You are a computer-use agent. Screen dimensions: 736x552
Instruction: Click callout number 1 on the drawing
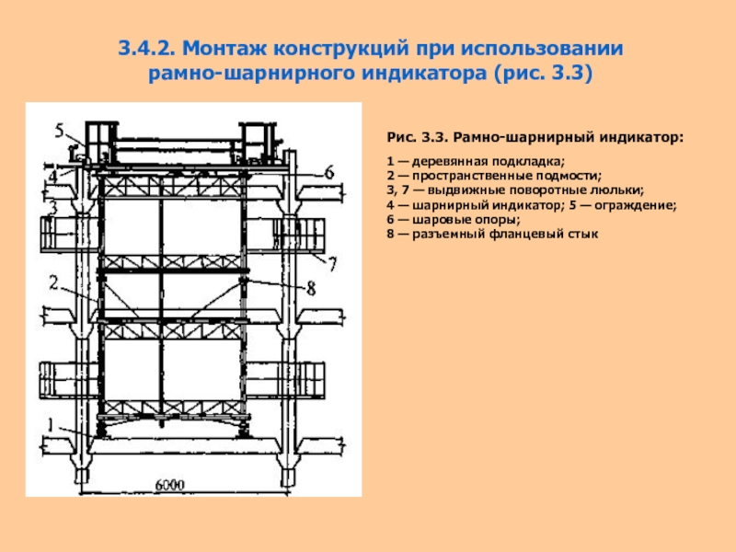[x=53, y=422]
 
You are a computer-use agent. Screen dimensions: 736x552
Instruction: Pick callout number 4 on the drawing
[x=53, y=172]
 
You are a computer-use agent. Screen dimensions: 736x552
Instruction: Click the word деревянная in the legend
[x=444, y=162]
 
